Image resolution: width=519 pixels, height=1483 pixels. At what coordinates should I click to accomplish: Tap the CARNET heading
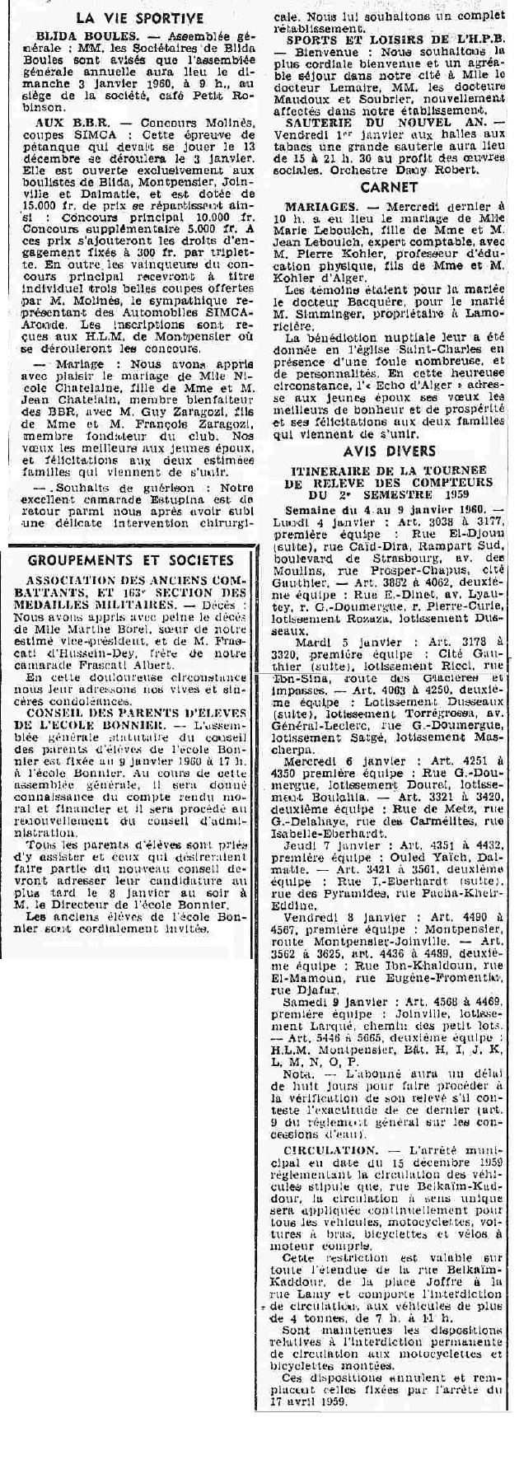pos(390,186)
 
